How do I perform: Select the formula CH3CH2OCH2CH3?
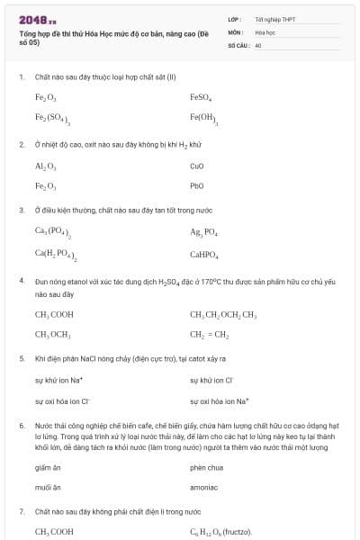pyautogui.click(x=223, y=315)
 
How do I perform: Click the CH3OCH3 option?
pyautogui.click(x=53, y=335)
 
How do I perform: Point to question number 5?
pyautogui.click(x=22, y=358)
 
